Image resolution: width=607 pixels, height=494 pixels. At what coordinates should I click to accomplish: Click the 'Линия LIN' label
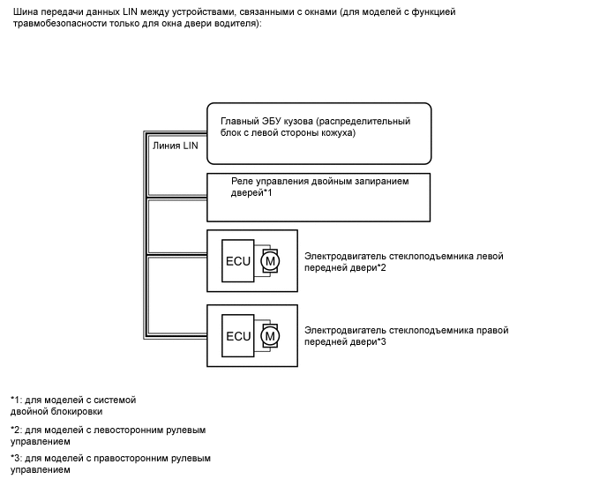[175, 146]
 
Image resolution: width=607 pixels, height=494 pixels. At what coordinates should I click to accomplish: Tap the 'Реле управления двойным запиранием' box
[319, 197]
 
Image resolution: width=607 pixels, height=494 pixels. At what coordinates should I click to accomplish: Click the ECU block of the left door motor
[239, 261]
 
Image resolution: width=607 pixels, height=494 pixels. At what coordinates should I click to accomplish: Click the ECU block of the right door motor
[239, 336]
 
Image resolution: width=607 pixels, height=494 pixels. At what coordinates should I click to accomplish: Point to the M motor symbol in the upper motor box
[271, 261]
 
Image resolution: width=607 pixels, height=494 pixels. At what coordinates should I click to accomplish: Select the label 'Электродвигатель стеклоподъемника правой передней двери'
[406, 335]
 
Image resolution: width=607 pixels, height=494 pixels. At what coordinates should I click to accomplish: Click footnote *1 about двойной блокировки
[73, 405]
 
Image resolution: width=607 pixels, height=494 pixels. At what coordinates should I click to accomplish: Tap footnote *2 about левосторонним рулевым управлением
[108, 435]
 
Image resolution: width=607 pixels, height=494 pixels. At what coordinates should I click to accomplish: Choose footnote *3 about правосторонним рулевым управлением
[110, 464]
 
